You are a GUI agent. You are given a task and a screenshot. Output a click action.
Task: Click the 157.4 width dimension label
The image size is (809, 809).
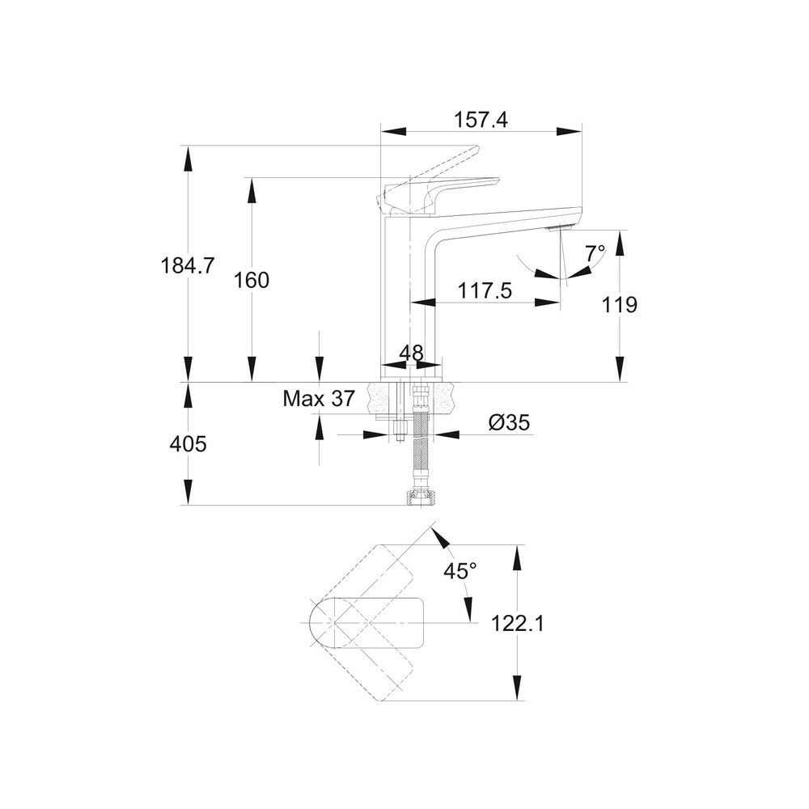481,120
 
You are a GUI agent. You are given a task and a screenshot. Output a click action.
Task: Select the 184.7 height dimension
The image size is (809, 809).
188,266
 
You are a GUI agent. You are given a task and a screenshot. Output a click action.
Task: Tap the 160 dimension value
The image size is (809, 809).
252,281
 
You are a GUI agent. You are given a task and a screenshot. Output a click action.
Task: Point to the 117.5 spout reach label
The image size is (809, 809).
485,291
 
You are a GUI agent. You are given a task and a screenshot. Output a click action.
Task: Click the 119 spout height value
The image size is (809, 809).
620,305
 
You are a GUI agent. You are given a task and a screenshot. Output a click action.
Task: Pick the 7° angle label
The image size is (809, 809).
595,254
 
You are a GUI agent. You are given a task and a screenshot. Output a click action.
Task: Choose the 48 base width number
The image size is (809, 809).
411,353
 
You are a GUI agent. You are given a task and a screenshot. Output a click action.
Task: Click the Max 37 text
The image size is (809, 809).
320,398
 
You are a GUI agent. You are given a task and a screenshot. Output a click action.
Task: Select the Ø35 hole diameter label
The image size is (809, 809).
509,423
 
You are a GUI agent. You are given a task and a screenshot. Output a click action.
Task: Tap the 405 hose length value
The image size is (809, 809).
188,443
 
